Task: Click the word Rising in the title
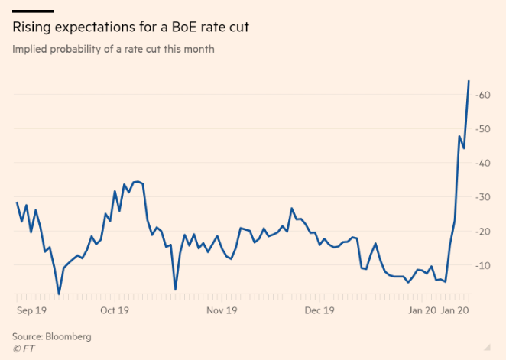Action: [x=29, y=28]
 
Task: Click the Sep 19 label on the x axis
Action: [x=31, y=310]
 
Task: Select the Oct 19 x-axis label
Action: [x=114, y=310]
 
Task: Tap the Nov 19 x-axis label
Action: [x=222, y=310]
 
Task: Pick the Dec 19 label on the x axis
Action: [x=319, y=310]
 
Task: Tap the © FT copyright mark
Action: [x=23, y=349]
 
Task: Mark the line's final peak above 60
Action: [x=469, y=81]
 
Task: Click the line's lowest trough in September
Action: [x=59, y=294]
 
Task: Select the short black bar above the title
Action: [x=33, y=11]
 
